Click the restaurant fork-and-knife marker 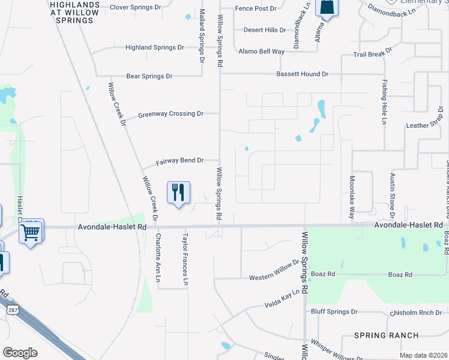178,193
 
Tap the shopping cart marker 31,231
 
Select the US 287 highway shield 12,310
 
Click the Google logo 20,353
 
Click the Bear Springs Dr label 149,76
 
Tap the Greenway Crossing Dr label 171,114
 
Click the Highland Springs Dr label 154,47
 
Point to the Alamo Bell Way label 261,52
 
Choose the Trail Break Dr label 372,54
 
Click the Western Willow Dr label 274,269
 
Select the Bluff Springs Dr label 334,312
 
